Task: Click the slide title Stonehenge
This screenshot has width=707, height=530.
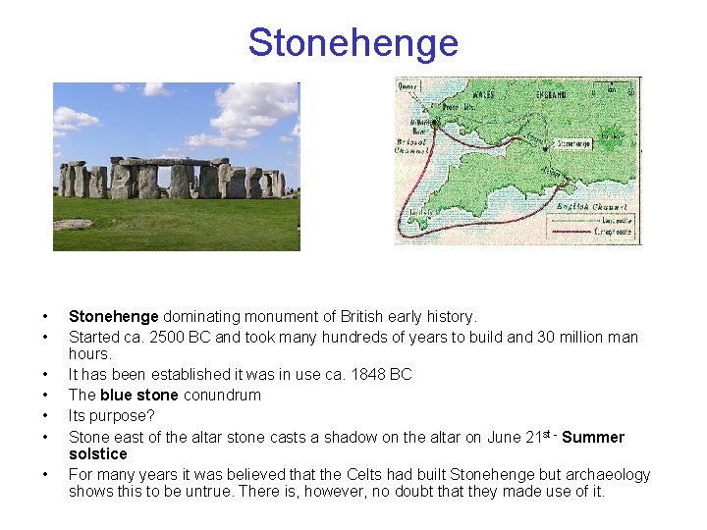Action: tap(353, 43)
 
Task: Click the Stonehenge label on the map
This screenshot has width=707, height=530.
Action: tap(573, 143)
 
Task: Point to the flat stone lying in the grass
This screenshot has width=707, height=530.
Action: tap(73, 224)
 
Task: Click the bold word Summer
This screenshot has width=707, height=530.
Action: tap(593, 437)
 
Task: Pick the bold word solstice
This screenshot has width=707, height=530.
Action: tap(97, 453)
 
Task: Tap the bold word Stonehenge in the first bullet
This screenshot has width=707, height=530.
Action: tap(113, 317)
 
